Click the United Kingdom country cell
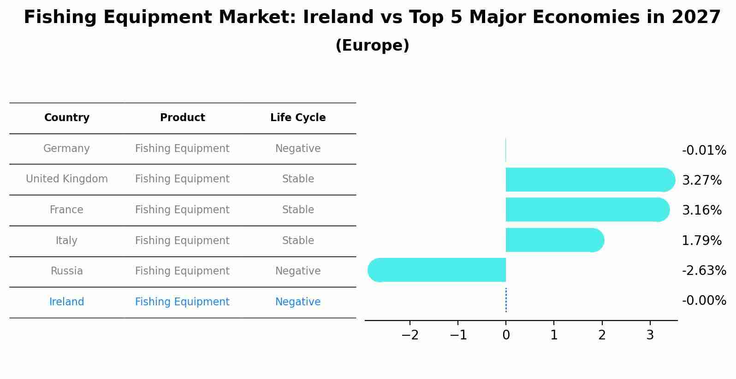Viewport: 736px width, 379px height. pos(67,179)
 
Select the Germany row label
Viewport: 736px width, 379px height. pos(66,149)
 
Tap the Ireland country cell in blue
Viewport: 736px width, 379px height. pos(66,302)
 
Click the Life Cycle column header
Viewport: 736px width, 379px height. pos(298,118)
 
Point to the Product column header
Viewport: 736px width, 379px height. pos(182,118)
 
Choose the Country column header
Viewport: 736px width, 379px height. pos(66,118)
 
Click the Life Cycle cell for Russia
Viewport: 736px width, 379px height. pos(298,271)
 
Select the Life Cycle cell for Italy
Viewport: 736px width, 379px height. pos(298,241)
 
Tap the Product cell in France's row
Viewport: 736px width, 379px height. pos(182,210)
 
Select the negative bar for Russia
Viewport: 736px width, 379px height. pos(438,270)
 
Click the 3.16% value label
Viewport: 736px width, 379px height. pos(701,210)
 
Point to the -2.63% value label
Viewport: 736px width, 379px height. pos(704,271)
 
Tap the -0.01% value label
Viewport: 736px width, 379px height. pos(704,151)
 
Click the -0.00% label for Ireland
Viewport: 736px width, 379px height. pos(704,301)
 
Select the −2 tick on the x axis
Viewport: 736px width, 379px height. pos(410,335)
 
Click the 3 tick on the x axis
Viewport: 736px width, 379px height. pos(650,335)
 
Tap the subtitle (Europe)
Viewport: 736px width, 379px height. pos(372,46)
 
